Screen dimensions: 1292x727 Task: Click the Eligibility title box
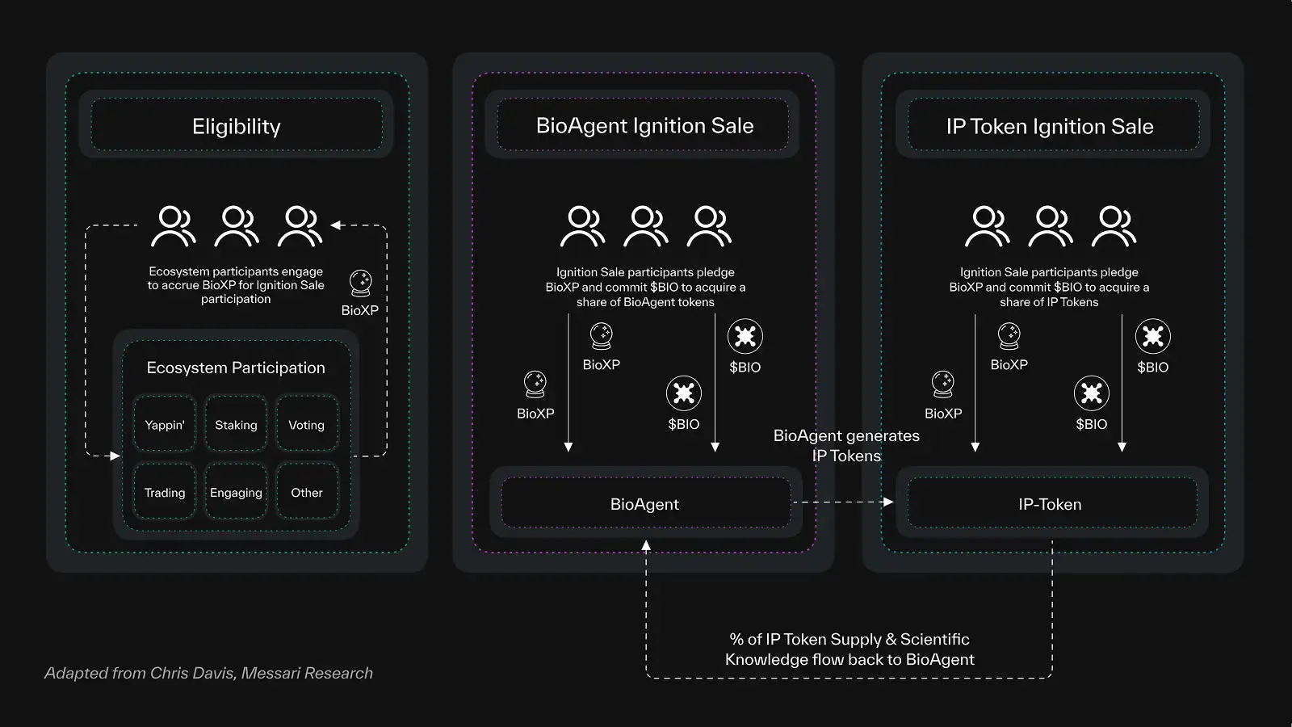pos(236,126)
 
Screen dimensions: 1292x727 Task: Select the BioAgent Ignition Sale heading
pos(644,126)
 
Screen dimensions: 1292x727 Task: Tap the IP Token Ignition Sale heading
pos(1050,126)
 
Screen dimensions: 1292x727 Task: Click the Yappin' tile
pos(165,425)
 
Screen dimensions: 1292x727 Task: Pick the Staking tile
pos(236,425)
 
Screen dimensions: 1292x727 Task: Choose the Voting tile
pos(307,425)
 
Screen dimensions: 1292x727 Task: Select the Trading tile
pos(165,493)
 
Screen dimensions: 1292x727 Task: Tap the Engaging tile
pos(236,493)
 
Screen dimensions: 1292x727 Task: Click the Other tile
pos(307,493)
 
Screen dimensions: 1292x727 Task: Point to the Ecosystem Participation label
pos(236,368)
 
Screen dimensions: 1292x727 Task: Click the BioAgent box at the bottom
pos(644,504)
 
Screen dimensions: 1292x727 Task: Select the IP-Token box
pos(1050,504)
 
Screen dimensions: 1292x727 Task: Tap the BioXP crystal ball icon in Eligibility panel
pos(360,284)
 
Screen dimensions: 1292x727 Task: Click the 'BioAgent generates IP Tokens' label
pos(846,445)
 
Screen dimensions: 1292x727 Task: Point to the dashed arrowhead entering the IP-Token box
pos(888,502)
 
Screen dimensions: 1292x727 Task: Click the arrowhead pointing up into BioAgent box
pos(646,546)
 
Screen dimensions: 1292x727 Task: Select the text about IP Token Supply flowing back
pos(849,649)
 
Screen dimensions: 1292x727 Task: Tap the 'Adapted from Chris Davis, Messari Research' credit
pos(208,673)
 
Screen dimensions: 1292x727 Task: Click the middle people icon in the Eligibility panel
pos(236,226)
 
